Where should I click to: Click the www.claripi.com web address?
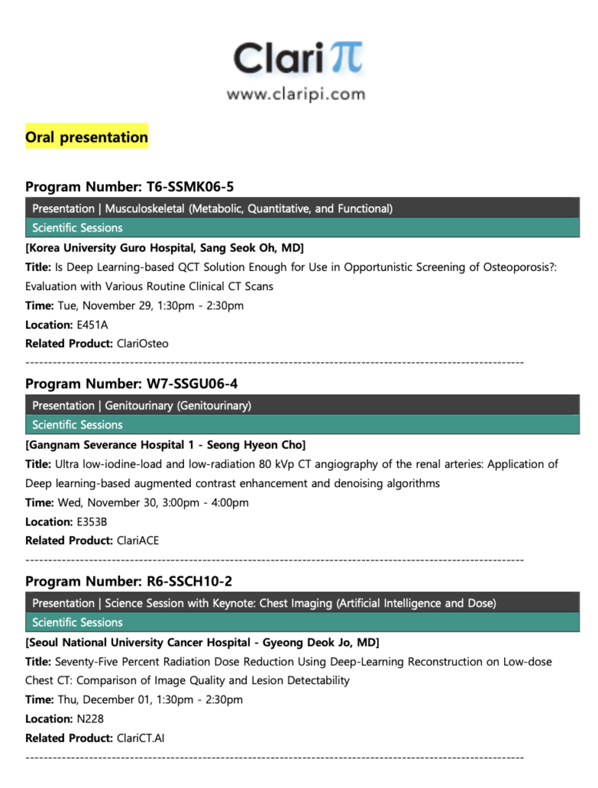pyautogui.click(x=296, y=95)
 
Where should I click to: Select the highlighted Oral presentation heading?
pyautogui.click(x=86, y=138)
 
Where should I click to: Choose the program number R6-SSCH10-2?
pyautogui.click(x=189, y=581)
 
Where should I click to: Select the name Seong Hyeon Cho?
pyautogui.click(x=255, y=445)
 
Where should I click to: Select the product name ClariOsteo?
pyautogui.click(x=142, y=344)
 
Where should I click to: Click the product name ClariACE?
pyautogui.click(x=138, y=541)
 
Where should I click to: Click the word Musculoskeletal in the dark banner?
pyautogui.click(x=143, y=209)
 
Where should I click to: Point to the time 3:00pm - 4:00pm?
pyautogui.click(x=201, y=503)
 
